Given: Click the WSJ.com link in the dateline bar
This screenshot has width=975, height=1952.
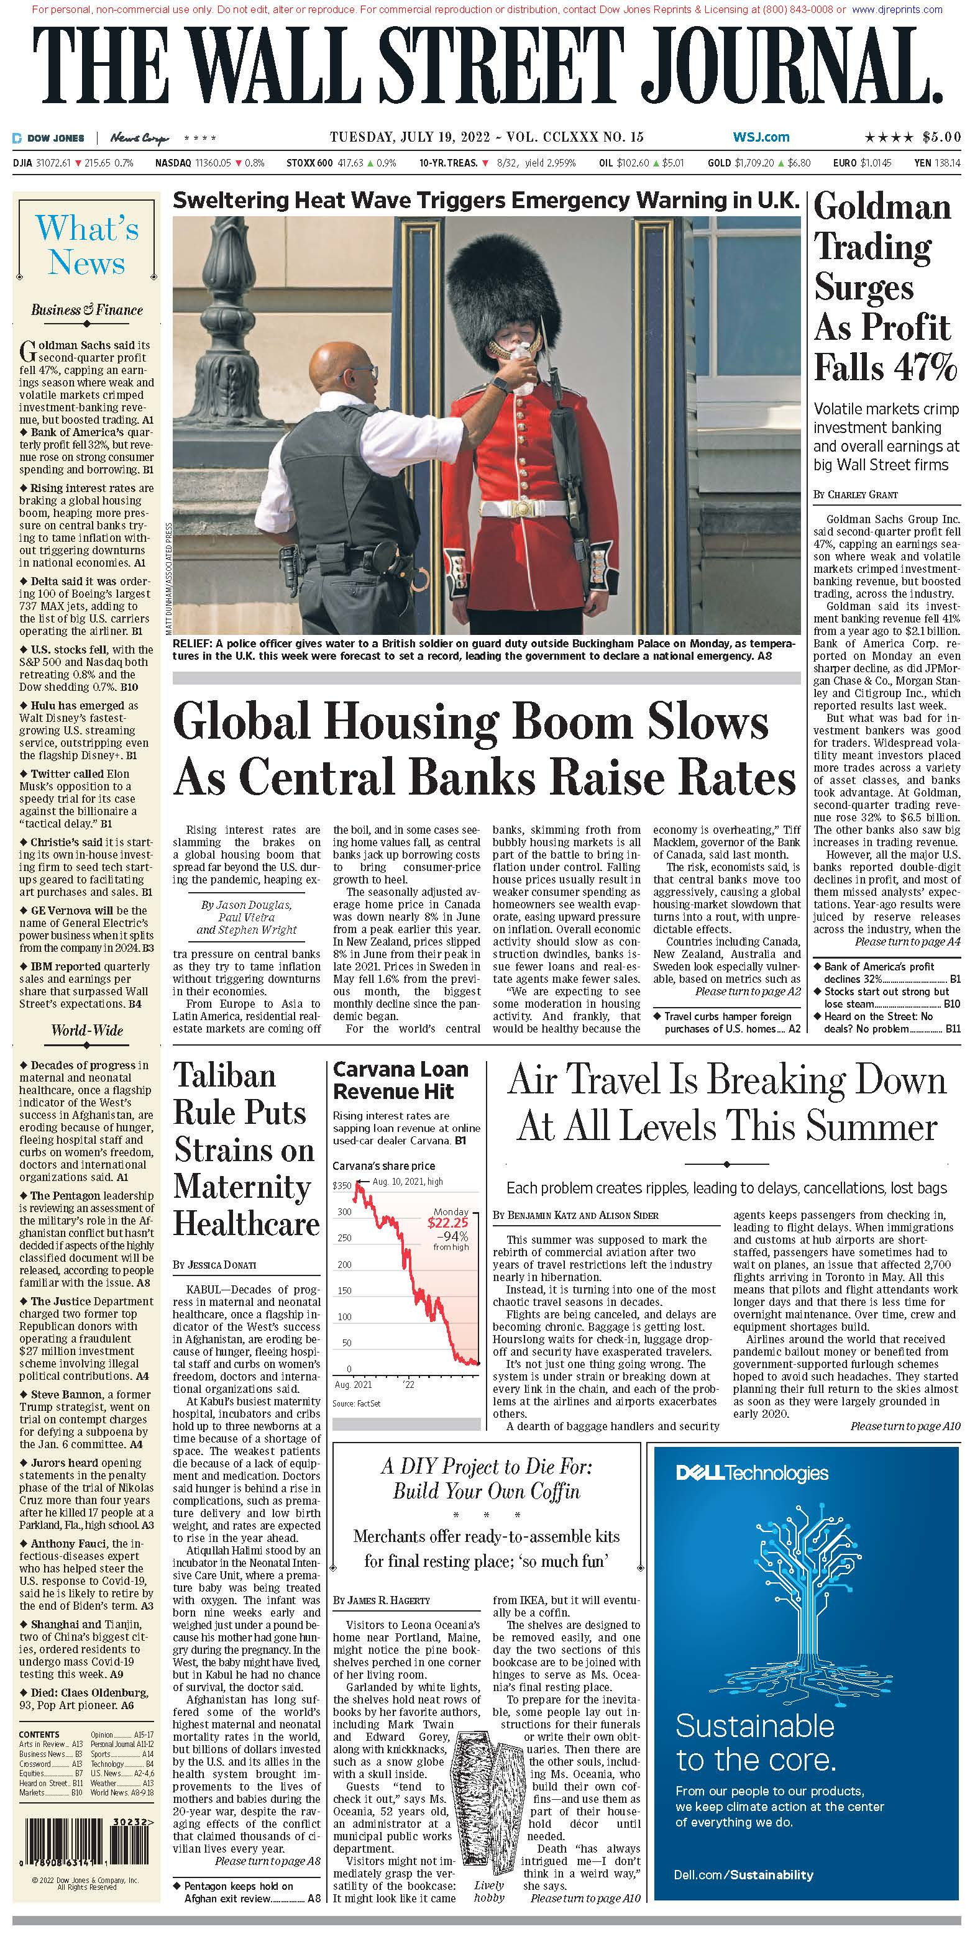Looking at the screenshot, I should [761, 137].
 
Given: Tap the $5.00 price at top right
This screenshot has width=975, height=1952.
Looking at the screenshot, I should [941, 137].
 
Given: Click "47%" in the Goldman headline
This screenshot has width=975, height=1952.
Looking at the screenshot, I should [923, 368].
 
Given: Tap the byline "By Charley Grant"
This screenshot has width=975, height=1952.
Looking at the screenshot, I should [855, 494].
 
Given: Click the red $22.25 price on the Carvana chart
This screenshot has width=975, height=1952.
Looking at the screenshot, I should [447, 1222].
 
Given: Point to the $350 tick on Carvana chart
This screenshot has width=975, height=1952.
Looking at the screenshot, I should [342, 1185].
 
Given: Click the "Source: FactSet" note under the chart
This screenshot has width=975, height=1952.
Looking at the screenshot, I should [356, 1404].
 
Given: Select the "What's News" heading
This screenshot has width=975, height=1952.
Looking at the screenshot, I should [87, 245].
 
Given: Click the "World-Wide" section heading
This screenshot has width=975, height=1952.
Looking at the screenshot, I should [87, 1031].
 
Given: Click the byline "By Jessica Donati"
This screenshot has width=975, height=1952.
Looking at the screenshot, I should [214, 1265].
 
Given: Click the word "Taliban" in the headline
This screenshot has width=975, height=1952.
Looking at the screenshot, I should [224, 1076].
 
